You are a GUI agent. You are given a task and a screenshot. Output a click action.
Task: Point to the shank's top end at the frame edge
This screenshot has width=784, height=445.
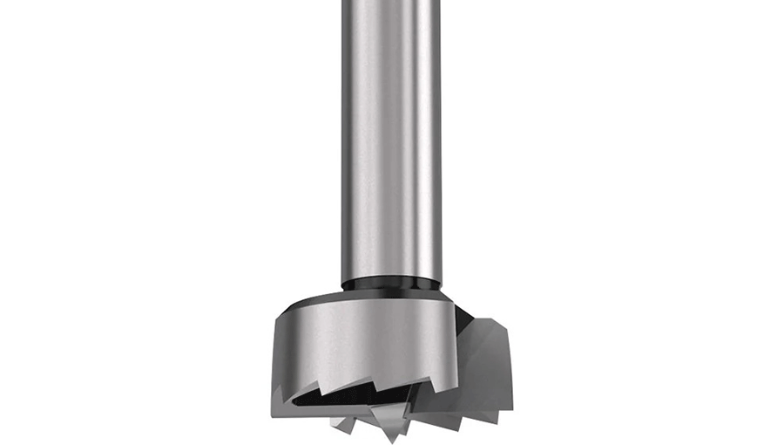[389, 3]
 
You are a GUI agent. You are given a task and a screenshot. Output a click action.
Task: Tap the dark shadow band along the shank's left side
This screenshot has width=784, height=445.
[348, 140]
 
